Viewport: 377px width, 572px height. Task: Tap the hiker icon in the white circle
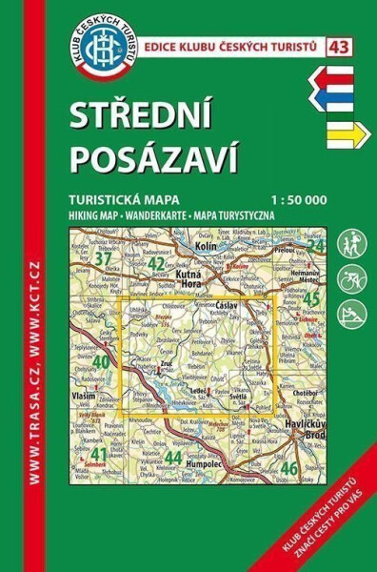[351, 242]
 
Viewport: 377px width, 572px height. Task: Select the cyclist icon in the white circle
[351, 279]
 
